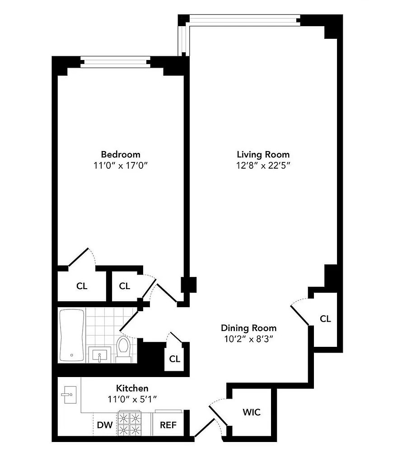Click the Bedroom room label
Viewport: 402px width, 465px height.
[120, 154]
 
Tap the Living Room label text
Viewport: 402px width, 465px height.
[263, 154]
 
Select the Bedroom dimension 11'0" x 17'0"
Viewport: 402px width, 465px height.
[121, 166]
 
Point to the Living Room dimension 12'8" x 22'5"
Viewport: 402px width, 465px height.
[263, 166]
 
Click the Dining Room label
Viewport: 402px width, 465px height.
[248, 328]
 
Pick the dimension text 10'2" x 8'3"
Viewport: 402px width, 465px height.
[248, 339]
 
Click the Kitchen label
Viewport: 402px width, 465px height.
[132, 388]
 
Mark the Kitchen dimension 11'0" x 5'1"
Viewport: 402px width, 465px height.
[132, 399]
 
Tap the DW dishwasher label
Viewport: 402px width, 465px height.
[105, 425]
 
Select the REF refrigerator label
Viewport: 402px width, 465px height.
[168, 425]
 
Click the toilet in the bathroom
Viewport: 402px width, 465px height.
[123, 348]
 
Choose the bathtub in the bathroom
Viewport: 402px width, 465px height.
[72, 335]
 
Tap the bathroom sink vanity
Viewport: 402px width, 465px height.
[98, 355]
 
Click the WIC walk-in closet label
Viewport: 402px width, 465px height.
[252, 412]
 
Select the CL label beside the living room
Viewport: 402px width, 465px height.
[325, 319]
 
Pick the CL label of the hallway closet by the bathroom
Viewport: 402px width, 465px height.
[174, 359]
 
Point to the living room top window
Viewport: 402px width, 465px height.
[244, 19]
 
